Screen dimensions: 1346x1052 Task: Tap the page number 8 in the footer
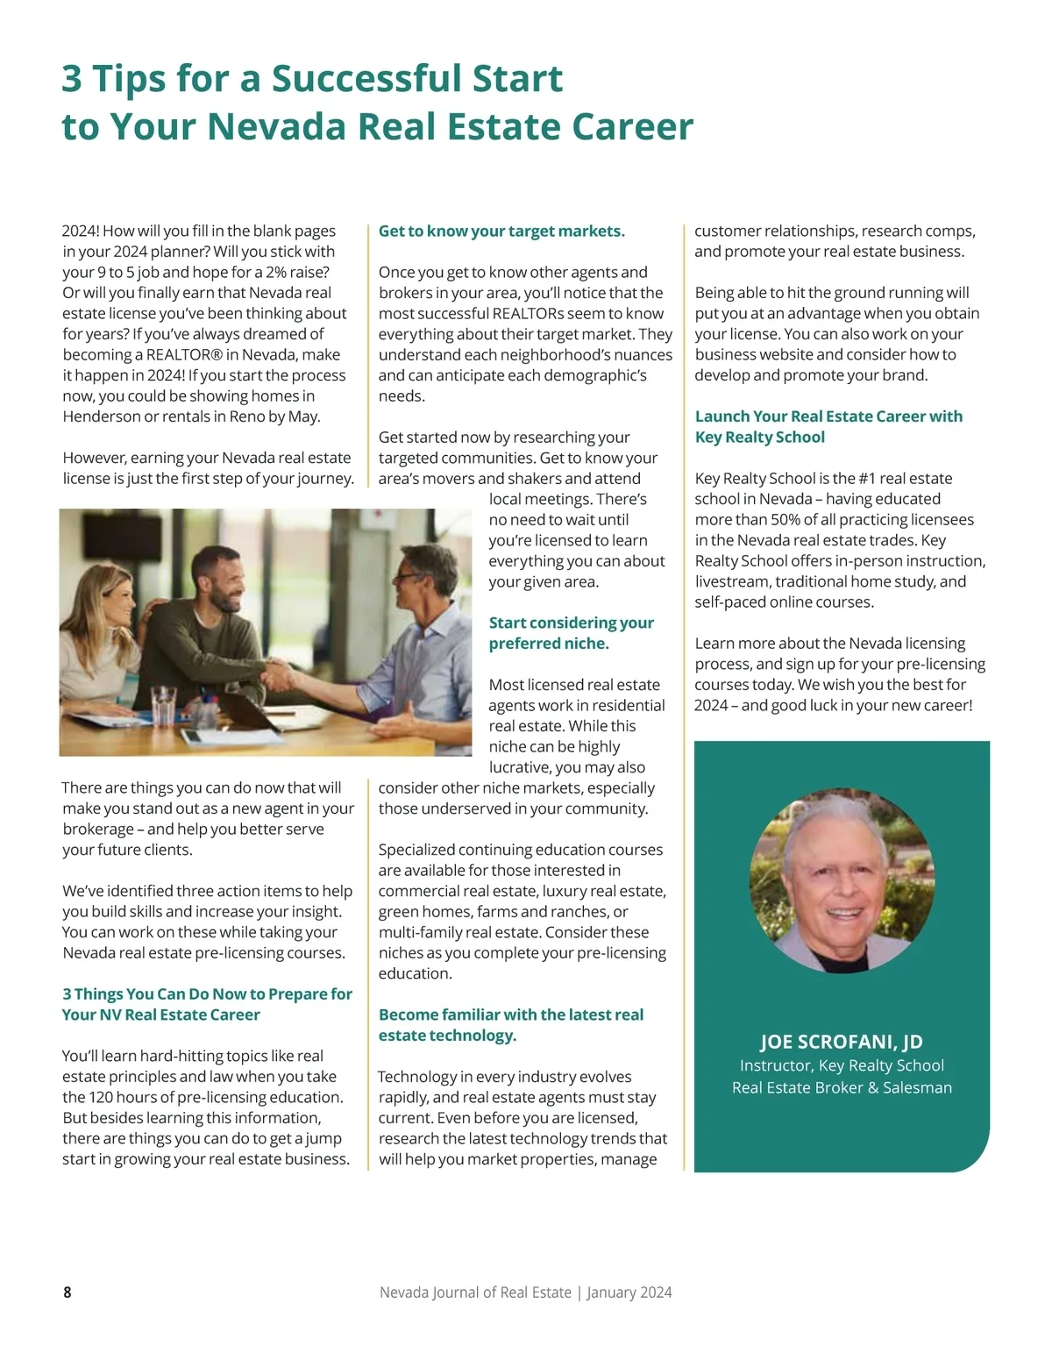click(68, 1292)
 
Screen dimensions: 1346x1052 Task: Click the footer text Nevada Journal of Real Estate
click(475, 1292)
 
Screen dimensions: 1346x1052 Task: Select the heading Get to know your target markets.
click(501, 231)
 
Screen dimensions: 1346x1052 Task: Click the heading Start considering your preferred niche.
click(571, 633)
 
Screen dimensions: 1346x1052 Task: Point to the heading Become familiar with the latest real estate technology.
click(511, 1025)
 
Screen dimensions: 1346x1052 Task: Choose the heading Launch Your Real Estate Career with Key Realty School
click(828, 426)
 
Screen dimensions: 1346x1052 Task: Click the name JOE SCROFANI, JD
click(841, 1042)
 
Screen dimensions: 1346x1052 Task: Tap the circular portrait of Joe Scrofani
click(842, 880)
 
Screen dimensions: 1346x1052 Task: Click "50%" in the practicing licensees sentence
click(789, 520)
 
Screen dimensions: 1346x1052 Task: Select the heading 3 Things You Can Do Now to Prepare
click(207, 1004)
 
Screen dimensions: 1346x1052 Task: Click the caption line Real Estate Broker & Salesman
click(842, 1088)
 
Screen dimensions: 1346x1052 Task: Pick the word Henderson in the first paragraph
click(102, 417)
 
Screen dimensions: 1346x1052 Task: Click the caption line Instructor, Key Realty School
click(842, 1065)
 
